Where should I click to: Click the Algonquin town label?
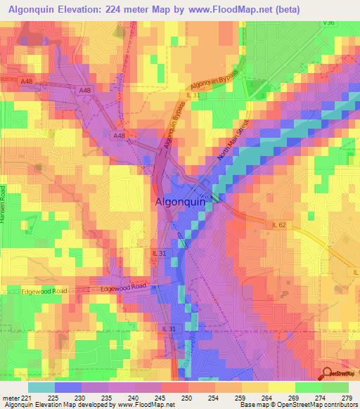pos(179,202)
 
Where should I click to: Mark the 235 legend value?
pos(108,397)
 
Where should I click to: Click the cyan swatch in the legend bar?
pos(41,387)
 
